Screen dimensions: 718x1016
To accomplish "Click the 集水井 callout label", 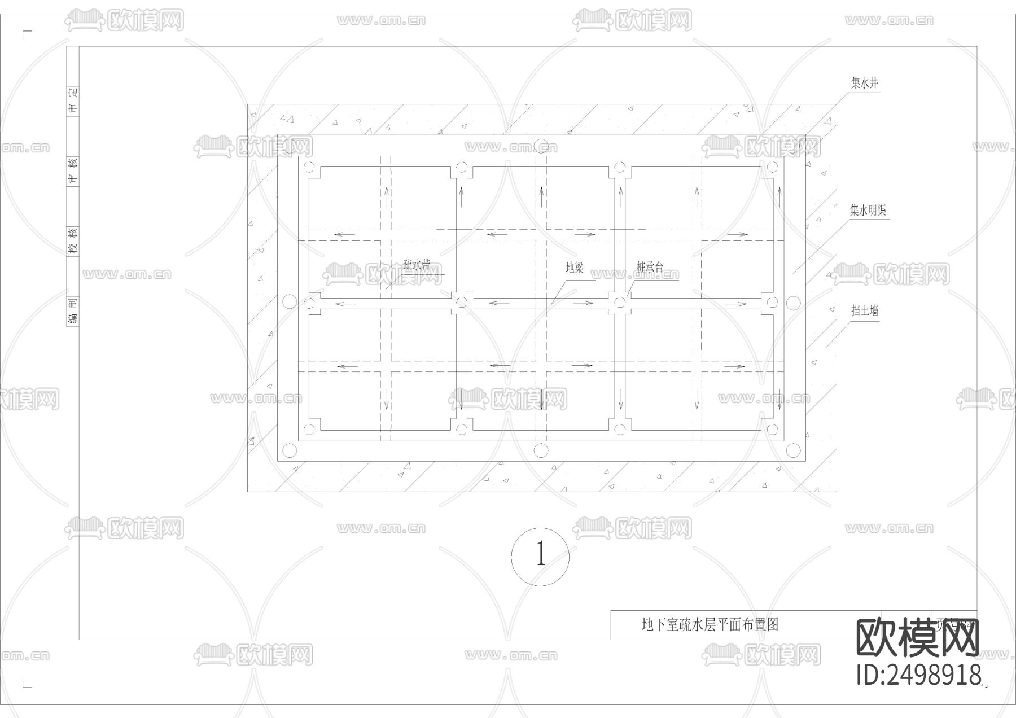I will [x=865, y=84].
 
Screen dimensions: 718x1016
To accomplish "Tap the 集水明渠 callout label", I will [x=868, y=211].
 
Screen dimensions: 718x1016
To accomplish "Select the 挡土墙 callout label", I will [x=865, y=310].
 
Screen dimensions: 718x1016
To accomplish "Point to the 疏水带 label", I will [x=417, y=265].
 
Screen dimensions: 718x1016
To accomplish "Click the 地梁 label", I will [x=575, y=268].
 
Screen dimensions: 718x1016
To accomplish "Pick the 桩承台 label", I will [x=650, y=267].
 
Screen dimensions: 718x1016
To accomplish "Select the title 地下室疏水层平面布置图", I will [x=710, y=624].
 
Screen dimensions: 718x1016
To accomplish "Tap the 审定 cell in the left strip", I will [x=73, y=100].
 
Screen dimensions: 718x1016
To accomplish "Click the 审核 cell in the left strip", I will [x=73, y=170].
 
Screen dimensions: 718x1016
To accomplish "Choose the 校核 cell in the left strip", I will [x=73, y=240].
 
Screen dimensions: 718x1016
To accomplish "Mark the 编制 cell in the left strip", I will [x=73, y=311].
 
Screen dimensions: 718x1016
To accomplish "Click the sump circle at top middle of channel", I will [x=541, y=145].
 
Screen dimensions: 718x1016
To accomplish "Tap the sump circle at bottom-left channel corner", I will [x=289, y=450].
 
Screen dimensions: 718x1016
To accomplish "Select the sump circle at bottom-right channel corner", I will [x=793, y=450].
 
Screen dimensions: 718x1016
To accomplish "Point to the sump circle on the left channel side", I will [x=289, y=302].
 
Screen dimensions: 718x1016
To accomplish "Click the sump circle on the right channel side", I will [x=793, y=303].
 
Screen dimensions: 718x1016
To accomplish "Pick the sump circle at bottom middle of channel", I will [x=541, y=450].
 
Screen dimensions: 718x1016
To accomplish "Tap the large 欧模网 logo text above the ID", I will [x=918, y=638].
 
